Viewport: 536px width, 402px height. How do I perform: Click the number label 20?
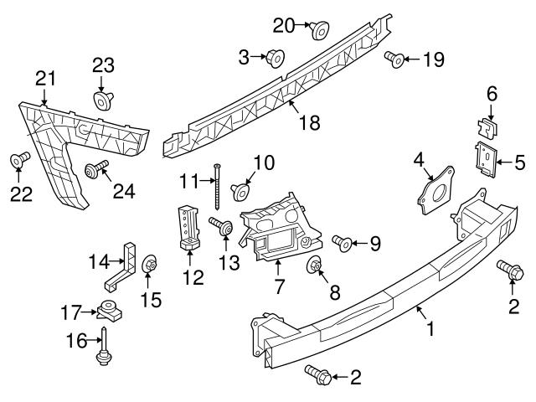pos(283,25)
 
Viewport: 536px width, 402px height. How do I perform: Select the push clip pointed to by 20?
pos(319,31)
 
